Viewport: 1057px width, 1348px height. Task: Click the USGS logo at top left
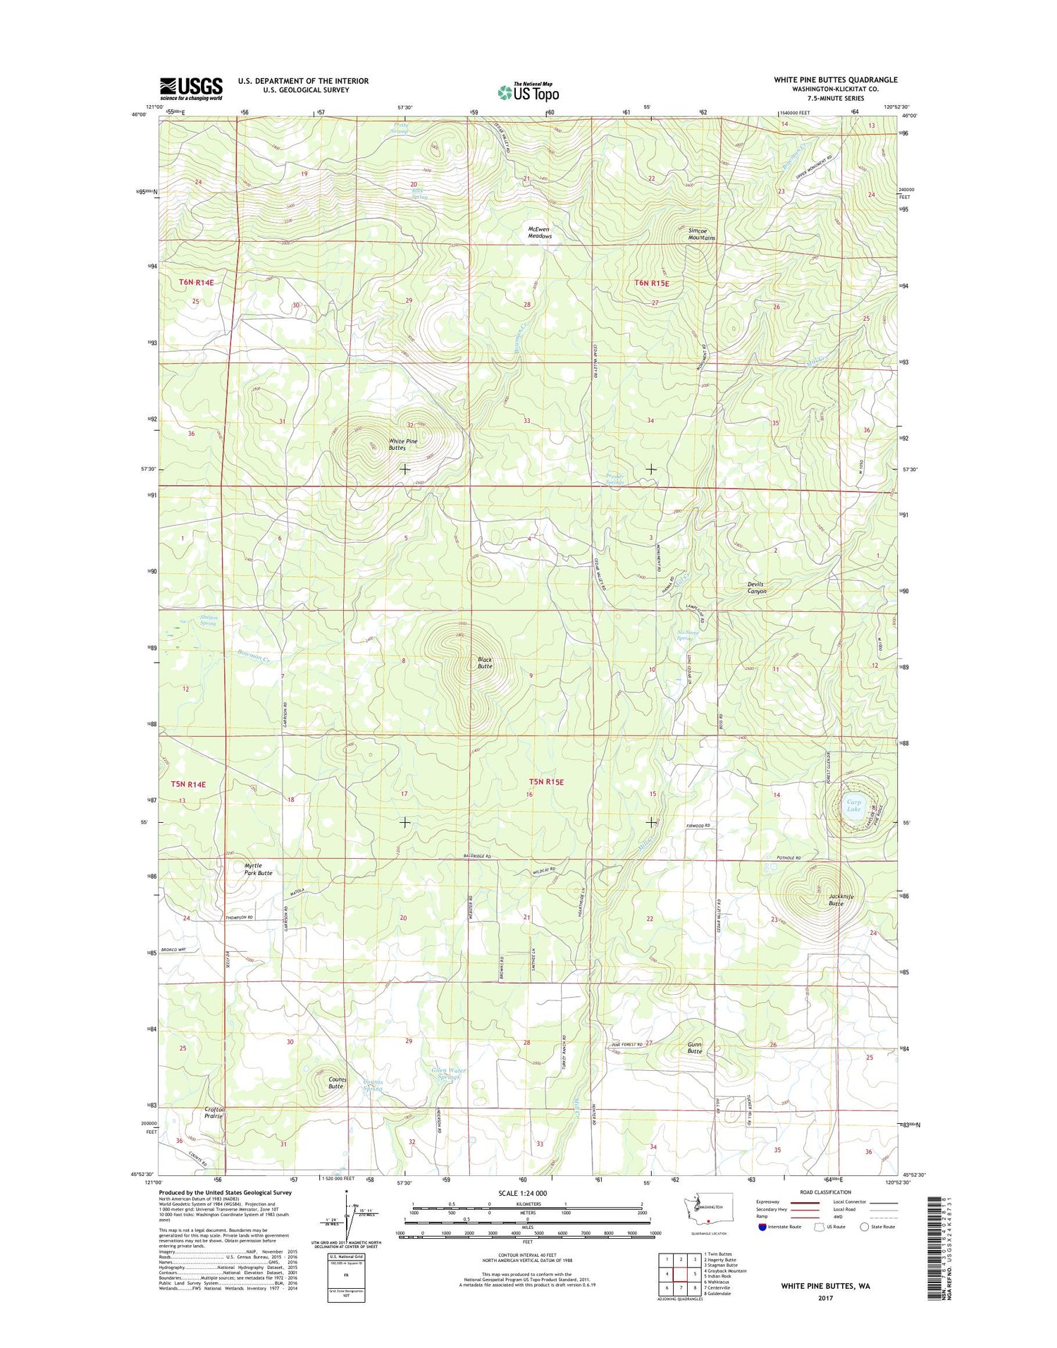tap(191, 89)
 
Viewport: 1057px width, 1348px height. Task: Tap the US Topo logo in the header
tap(528, 92)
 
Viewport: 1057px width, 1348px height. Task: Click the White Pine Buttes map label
tap(403, 444)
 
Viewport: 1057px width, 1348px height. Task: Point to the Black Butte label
tap(485, 663)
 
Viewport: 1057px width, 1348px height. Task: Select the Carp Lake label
tap(853, 805)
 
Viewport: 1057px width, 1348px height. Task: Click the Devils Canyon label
tap(756, 587)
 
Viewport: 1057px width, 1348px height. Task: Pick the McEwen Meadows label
tap(540, 232)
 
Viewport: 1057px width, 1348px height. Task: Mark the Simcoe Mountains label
tap(701, 233)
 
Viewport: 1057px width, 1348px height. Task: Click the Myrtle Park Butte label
tap(258, 869)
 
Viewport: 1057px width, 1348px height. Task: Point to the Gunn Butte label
tap(695, 1048)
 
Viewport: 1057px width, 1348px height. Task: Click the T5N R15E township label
tap(547, 782)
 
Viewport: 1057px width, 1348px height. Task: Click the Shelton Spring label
tap(209, 620)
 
